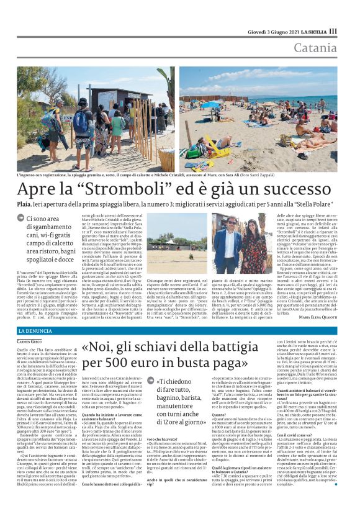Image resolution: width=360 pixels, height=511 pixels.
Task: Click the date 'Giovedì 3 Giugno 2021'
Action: point(271,31)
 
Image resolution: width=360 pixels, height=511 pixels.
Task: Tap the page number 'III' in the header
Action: point(333,31)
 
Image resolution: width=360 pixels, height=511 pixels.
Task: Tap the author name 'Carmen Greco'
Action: point(29,341)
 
